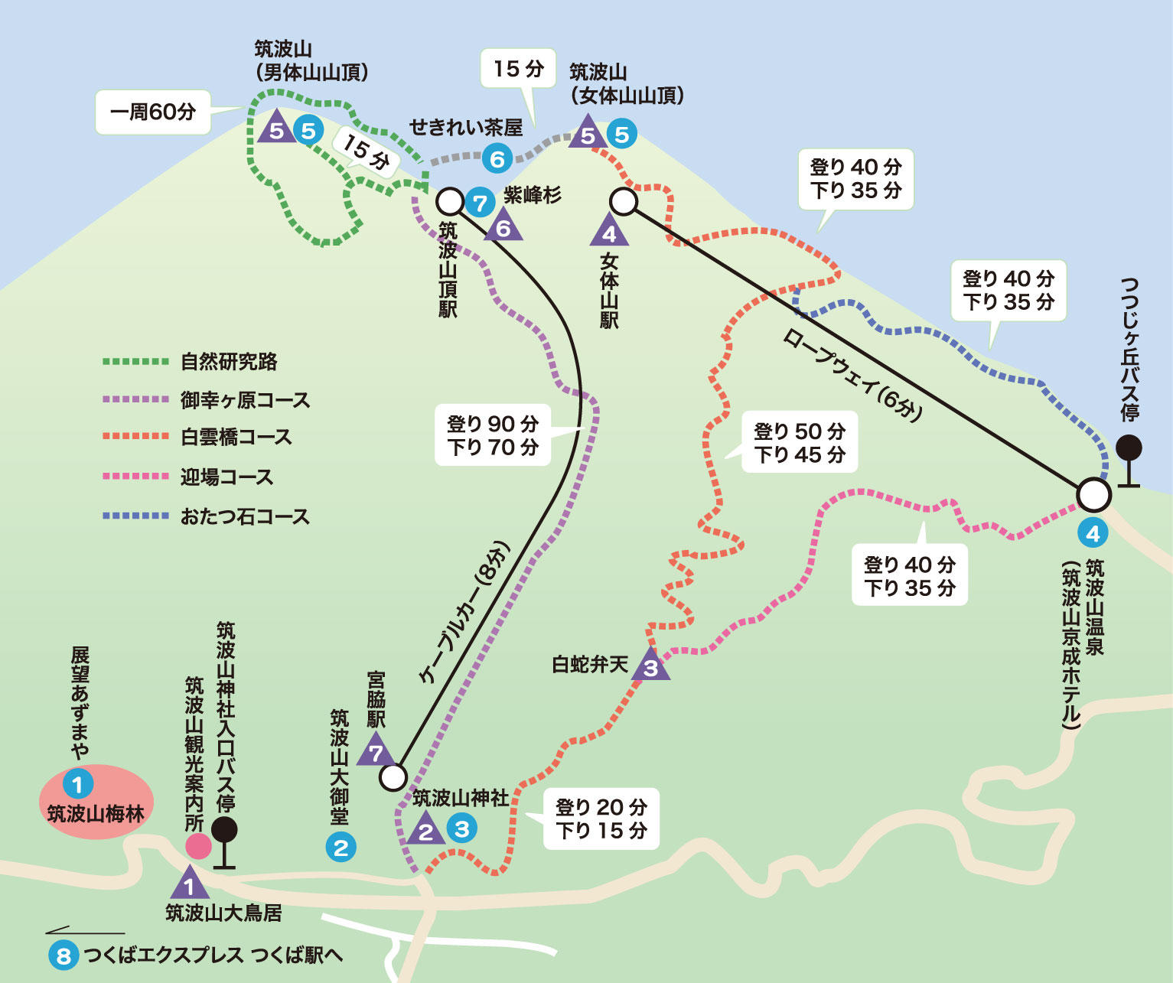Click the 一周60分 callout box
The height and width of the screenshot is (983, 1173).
153,112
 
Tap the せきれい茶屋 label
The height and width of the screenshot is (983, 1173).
465,127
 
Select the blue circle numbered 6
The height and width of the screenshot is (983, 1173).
497,159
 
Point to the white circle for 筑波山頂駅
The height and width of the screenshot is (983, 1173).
450,201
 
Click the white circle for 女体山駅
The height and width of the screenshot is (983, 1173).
624,201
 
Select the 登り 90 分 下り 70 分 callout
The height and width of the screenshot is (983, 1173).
493,435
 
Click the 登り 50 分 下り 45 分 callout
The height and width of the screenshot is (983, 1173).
800,443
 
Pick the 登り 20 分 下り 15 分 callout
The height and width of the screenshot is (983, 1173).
601,819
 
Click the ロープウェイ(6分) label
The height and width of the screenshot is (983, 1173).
852,376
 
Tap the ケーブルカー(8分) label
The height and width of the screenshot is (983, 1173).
464,612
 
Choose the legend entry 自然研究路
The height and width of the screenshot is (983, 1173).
229,362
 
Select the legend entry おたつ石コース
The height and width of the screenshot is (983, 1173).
245,516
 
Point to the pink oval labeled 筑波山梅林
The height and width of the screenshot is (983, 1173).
96,802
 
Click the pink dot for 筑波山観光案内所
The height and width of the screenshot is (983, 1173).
198,847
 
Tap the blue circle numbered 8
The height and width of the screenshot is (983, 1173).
64,955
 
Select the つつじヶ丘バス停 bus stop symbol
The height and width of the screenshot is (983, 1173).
1129,459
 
